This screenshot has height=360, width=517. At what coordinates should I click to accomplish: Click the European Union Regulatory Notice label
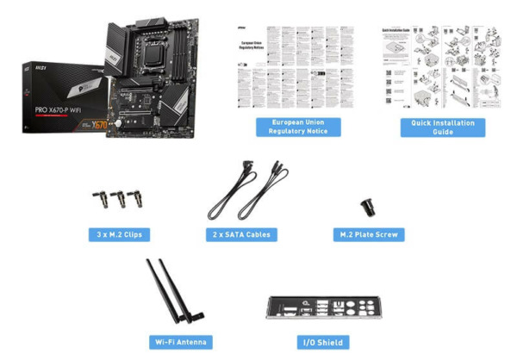[298, 127]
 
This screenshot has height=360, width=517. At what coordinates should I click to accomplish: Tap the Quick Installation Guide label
[442, 127]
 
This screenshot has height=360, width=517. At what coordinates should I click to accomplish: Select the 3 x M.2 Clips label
[121, 234]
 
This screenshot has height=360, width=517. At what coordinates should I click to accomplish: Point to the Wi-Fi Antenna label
[179, 342]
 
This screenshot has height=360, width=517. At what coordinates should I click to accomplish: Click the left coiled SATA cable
[226, 196]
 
